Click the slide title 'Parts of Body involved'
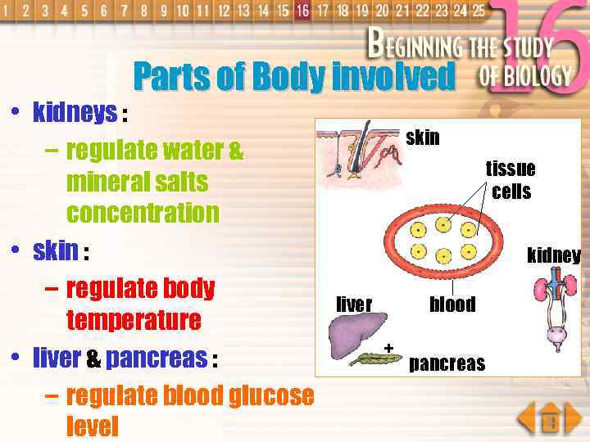point(293,77)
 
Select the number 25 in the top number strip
point(478,11)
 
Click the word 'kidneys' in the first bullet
point(75,113)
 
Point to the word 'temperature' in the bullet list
point(134,319)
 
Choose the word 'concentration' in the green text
point(143,213)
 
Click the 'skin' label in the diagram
point(423,138)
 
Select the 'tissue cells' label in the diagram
point(511,180)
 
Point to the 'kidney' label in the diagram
point(554,255)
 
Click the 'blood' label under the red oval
point(452,304)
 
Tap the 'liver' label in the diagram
point(354,304)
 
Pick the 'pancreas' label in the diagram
point(447,363)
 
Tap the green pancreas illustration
point(374,357)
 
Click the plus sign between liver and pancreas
point(389,348)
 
